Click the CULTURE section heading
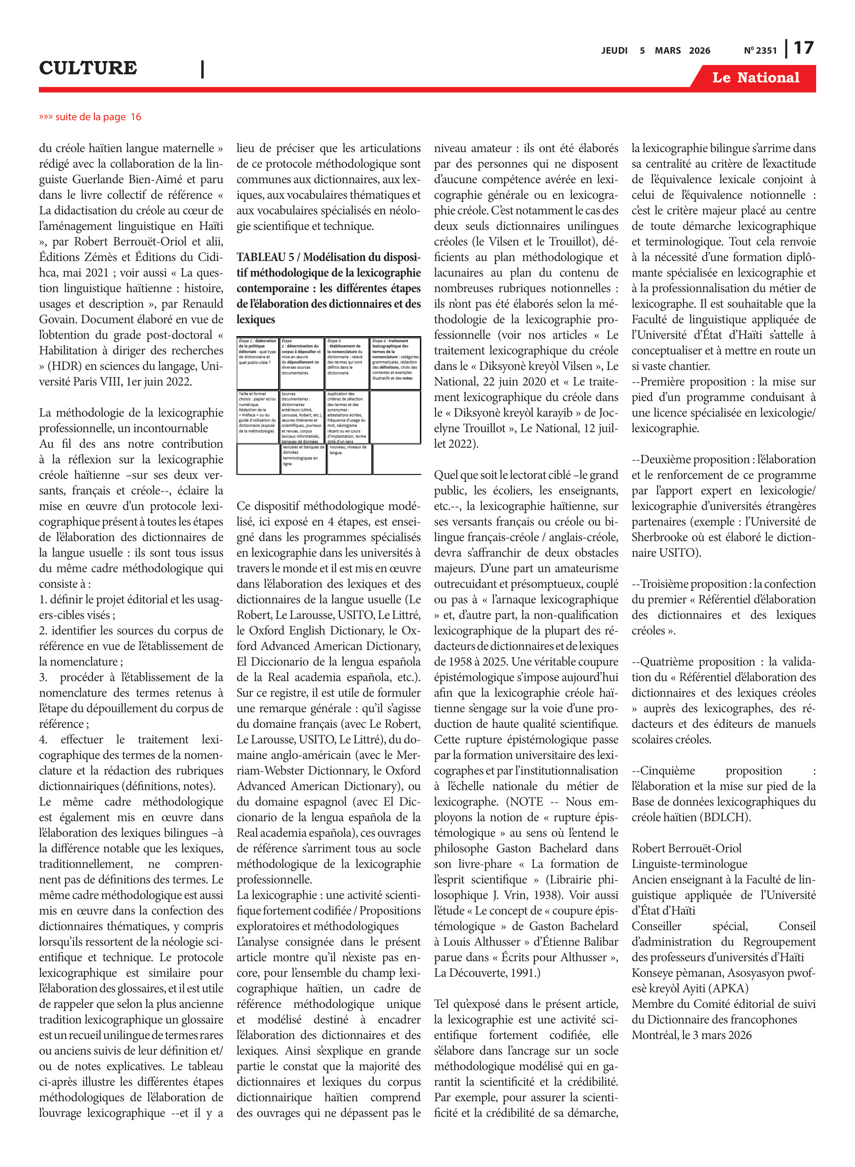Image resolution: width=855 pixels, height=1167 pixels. tap(88, 68)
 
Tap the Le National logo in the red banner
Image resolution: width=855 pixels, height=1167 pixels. tap(755, 78)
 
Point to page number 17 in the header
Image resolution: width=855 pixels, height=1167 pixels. tap(803, 48)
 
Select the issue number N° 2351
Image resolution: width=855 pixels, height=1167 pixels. tap(760, 51)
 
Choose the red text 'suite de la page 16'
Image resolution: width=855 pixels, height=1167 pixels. tap(90, 117)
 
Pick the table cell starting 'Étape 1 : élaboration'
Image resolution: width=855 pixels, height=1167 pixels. tap(258, 363)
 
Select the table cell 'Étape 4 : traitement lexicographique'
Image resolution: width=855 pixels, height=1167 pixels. tap(395, 363)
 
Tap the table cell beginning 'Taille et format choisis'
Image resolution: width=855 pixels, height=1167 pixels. tap(258, 416)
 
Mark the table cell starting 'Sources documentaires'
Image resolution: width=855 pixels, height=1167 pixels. tap(302, 416)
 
